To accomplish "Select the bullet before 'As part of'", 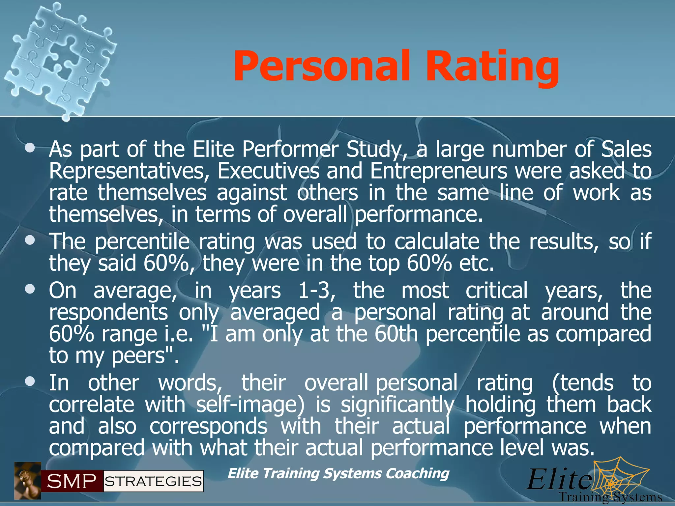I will (x=30, y=148).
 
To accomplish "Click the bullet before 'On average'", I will (x=30, y=290).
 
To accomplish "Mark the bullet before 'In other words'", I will (x=30, y=382).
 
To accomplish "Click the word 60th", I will (x=396, y=334).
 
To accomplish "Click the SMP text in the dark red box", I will (x=72, y=482).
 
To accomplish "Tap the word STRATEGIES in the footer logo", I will (x=153, y=482).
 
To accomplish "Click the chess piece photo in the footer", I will (x=27, y=481).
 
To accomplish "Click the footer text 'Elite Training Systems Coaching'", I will (x=338, y=473).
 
